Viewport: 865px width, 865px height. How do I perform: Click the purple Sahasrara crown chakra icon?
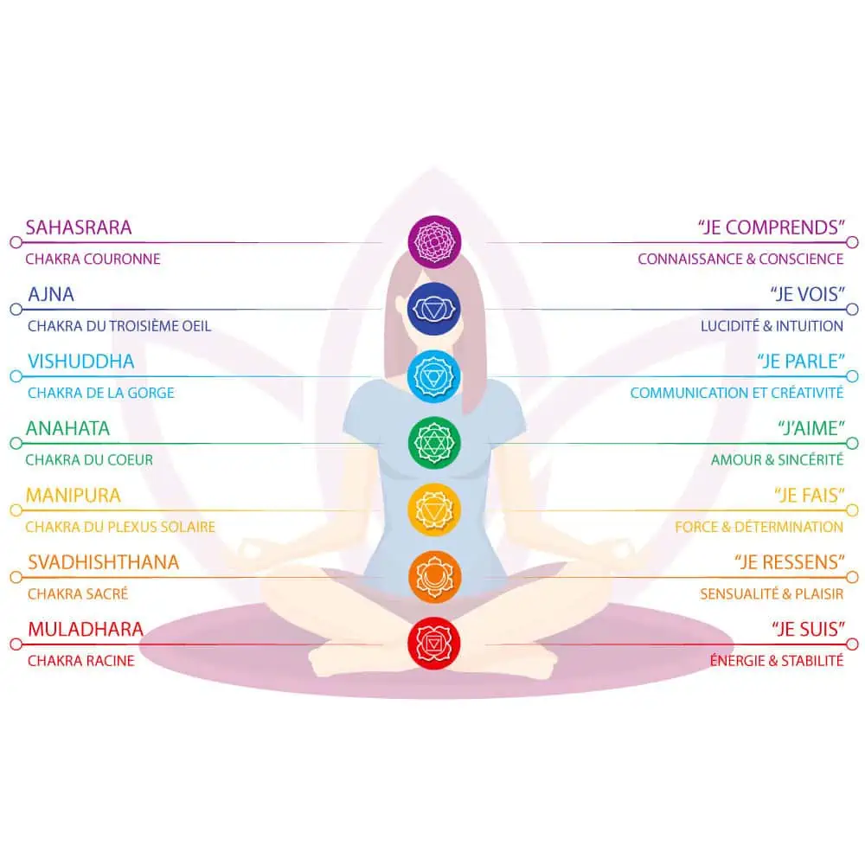434,241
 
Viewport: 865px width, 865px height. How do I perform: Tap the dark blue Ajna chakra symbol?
434,309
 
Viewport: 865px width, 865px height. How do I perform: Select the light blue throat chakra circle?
434,376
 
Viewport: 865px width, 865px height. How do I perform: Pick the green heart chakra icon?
434,443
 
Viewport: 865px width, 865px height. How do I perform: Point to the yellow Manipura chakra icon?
434,509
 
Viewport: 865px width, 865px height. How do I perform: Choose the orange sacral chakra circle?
434,577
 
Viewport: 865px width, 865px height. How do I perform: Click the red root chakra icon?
434,644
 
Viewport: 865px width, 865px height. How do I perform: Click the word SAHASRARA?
79,227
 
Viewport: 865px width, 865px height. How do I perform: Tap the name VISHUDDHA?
81,362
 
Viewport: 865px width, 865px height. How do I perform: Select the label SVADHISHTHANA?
104,562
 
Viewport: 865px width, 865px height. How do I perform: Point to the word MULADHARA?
86,629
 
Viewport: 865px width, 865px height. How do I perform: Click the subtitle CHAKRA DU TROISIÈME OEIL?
119,326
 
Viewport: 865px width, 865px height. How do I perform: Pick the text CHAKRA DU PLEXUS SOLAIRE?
120,527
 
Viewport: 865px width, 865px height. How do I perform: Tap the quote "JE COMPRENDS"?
772,227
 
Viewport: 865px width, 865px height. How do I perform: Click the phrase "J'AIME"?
811,428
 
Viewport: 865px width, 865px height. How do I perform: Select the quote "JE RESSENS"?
790,562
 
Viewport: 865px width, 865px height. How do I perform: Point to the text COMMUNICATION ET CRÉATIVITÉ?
737,393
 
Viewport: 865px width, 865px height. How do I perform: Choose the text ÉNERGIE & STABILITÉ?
777,660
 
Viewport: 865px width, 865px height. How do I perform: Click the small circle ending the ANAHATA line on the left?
16,443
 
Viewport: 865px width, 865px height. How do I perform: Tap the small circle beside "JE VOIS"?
852,309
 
